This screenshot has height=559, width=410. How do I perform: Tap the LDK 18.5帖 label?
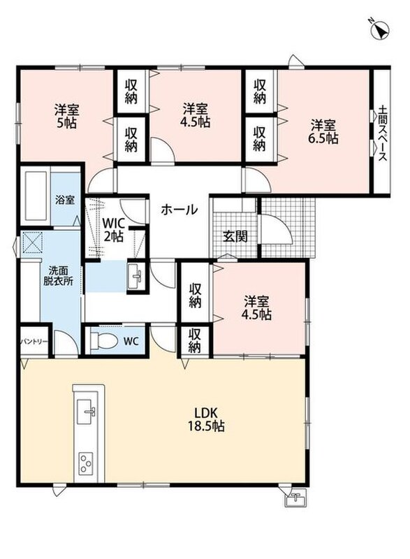206,419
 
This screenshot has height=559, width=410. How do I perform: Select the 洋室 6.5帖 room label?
323,131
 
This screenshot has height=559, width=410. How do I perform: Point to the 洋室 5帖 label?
66,116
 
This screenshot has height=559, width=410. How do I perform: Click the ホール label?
179,209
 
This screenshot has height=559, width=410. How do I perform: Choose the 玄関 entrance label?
235,236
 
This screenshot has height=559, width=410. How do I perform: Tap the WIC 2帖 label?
113,230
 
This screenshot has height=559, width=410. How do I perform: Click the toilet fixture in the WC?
103,341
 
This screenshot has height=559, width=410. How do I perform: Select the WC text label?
131,341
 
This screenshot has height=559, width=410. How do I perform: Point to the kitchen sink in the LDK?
87,412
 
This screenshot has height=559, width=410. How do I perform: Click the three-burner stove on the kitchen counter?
86,463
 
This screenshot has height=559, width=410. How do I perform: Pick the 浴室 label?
65,200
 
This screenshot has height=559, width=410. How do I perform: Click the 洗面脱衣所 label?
59,275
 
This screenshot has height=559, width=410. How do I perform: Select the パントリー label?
34,342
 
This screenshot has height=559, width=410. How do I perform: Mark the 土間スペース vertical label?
382,133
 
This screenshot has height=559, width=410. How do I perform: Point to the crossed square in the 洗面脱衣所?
32,242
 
